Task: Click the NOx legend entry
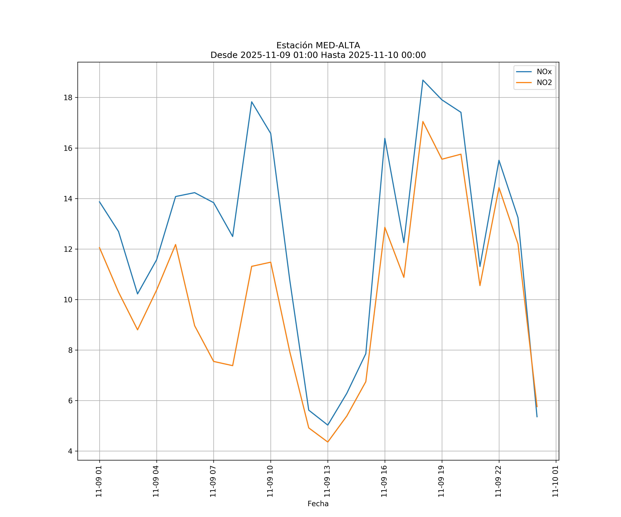544,72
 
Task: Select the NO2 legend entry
544,83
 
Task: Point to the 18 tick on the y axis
68,98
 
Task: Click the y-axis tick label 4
70,451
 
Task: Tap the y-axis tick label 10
68,300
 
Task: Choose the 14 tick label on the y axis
68,199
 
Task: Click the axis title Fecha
318,504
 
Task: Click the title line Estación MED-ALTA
318,45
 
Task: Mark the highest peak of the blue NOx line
423,80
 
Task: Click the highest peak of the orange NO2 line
423,121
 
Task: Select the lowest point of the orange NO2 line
328,442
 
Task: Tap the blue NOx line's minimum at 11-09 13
328,425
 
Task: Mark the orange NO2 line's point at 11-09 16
385,227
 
